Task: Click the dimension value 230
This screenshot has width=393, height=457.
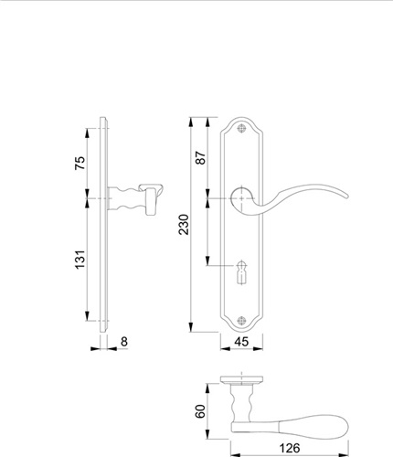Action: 184,225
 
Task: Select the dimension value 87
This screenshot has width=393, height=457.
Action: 201,157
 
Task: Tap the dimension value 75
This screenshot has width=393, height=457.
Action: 80,163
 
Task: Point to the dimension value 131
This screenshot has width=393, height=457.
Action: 80,260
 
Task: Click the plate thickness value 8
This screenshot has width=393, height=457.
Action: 124,342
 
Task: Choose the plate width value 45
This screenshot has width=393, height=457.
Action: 241,342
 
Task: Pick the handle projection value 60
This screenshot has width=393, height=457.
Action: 200,411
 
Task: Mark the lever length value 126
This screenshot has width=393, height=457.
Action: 290,448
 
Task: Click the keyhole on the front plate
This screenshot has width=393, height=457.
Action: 242,272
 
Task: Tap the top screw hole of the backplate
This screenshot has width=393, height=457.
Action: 242,129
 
